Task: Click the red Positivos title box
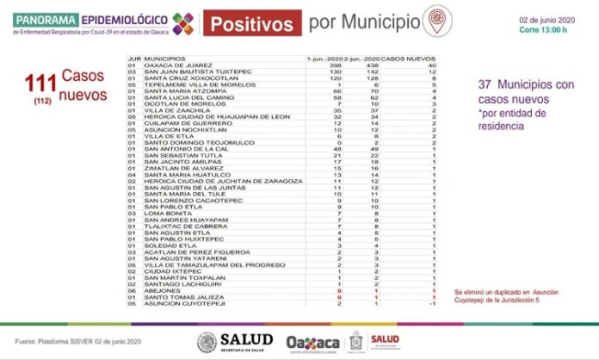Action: pyautogui.click(x=254, y=22)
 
